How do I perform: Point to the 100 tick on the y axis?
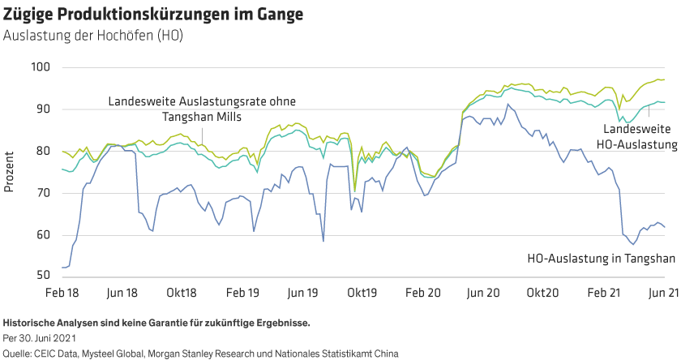coord(40,66)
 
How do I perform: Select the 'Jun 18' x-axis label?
coord(122,291)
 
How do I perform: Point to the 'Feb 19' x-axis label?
coord(242,291)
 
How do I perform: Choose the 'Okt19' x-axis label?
coord(362,291)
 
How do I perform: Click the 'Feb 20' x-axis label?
coord(422,291)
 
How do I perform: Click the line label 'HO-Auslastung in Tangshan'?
coord(601,259)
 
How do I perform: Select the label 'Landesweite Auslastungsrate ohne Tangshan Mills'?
coord(202,109)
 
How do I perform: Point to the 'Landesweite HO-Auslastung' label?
coord(640,136)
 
